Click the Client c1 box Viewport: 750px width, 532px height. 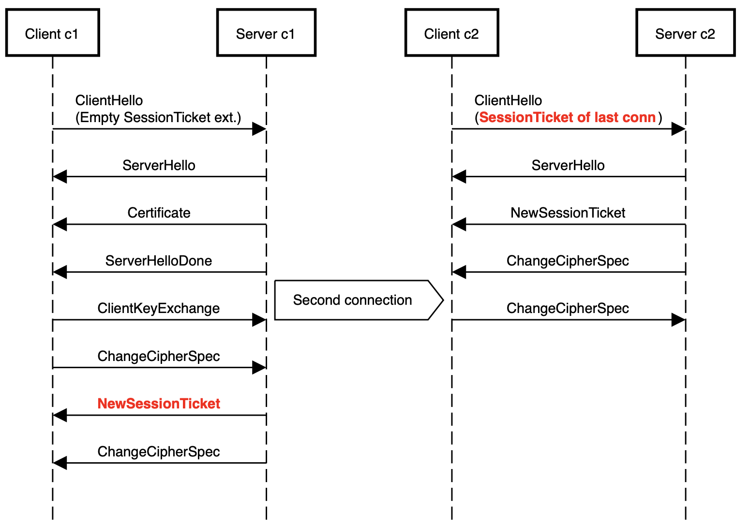pyautogui.click(x=52, y=33)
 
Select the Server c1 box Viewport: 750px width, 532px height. pyautogui.click(x=266, y=33)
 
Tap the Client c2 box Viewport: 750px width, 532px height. pyautogui.click(x=451, y=33)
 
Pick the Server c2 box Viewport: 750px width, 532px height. pyautogui.click(x=685, y=33)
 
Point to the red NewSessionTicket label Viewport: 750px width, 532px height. pyautogui.click(x=159, y=404)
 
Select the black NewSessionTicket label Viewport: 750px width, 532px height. pyautogui.click(x=568, y=213)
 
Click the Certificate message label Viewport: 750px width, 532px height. pyautogui.click(x=159, y=213)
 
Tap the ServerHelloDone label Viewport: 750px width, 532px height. pyautogui.click(x=159, y=261)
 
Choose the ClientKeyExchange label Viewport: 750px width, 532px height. pyautogui.click(x=159, y=308)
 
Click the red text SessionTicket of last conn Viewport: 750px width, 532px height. pyautogui.click(x=567, y=117)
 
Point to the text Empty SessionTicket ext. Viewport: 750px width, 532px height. pyautogui.click(x=158, y=117)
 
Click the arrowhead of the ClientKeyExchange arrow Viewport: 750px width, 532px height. pyautogui.click(x=259, y=320)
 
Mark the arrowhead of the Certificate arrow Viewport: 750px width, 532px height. pyautogui.click(x=60, y=224)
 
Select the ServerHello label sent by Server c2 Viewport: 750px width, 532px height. pyautogui.click(x=568, y=165)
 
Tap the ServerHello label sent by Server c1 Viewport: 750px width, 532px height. pyautogui.click(x=159, y=165)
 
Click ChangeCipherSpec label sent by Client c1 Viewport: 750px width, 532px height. pyautogui.click(x=159, y=356)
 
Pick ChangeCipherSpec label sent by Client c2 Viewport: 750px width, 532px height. pyautogui.click(x=568, y=308)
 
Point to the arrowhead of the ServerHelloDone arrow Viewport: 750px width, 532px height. pyautogui.click(x=60, y=272)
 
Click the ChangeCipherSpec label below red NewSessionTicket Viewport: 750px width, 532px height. pyautogui.click(x=159, y=452)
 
